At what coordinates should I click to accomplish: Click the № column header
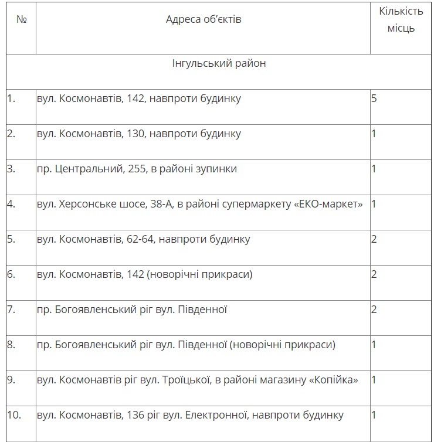[22, 19]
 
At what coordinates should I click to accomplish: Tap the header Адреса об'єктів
[204, 19]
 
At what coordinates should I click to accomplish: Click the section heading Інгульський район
[218, 63]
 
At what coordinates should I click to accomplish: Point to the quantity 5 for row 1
[374, 98]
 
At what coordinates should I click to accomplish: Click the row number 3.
[11, 169]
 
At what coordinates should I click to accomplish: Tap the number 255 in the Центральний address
[134, 169]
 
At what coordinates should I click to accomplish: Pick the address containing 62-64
[143, 239]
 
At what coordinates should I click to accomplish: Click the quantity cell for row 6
[374, 274]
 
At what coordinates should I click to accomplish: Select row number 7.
[11, 310]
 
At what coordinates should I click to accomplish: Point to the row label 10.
[14, 415]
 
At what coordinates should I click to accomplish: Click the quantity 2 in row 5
[374, 239]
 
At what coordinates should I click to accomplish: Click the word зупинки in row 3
[217, 169]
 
